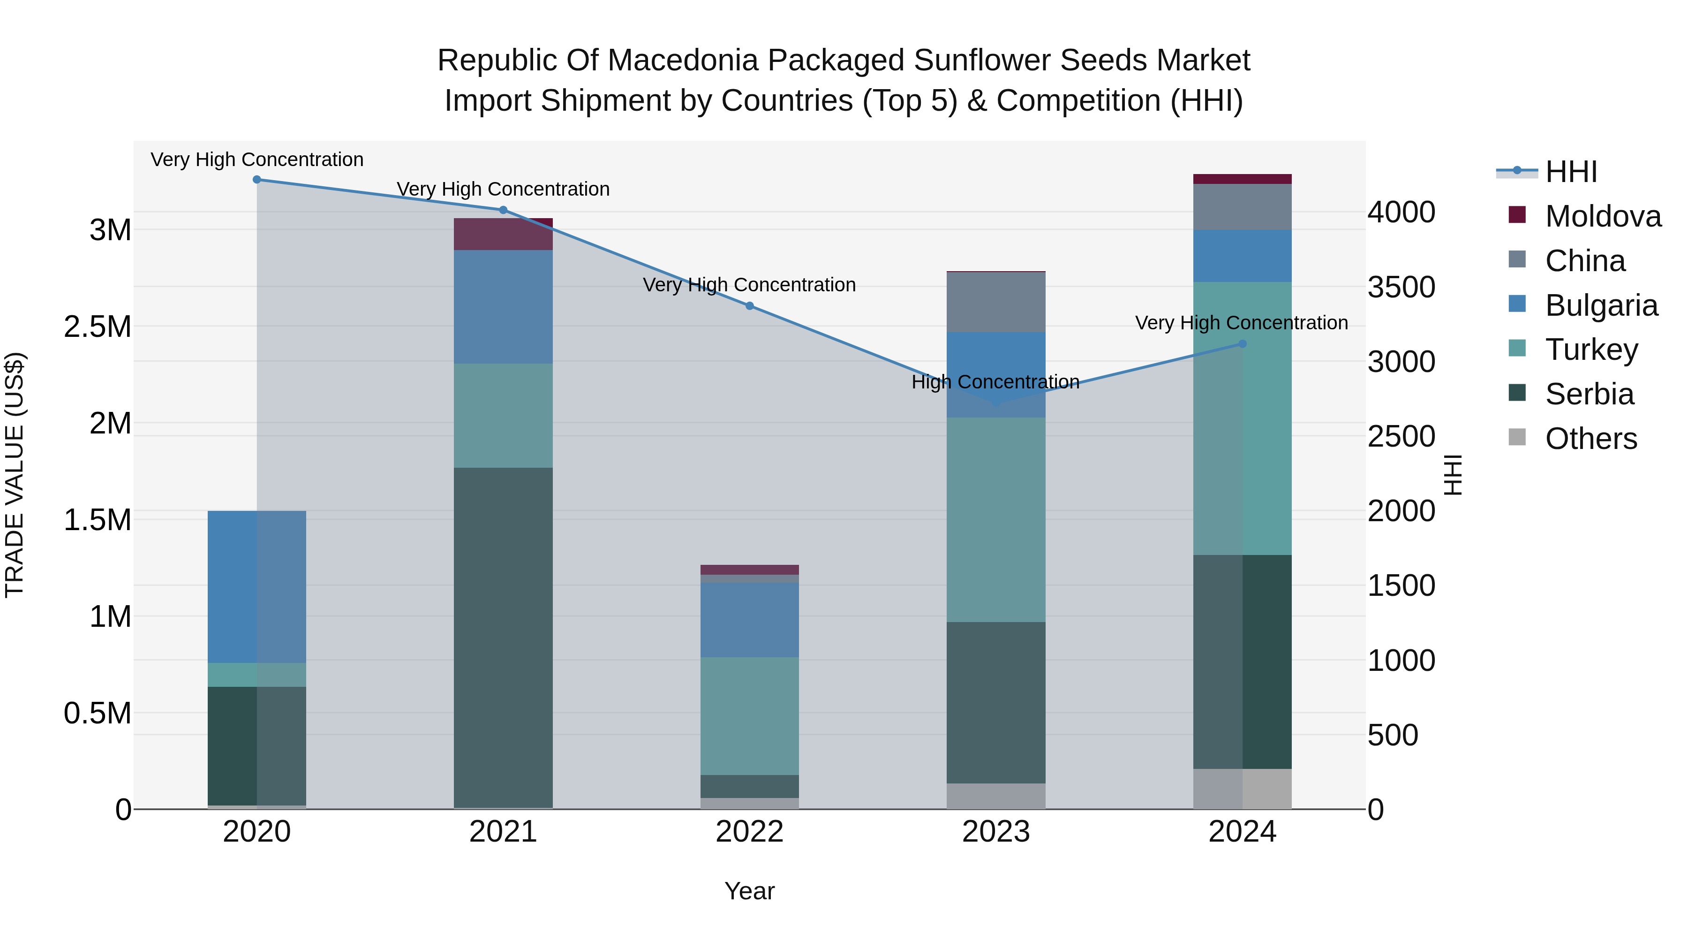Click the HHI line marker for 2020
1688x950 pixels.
point(257,180)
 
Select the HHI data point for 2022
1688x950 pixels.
point(750,305)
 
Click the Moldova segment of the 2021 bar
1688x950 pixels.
point(503,234)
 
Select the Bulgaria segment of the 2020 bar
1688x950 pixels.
point(257,587)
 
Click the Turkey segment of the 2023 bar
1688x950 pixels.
point(996,519)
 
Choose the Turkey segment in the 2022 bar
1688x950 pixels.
point(750,716)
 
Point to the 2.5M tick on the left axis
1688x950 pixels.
point(98,327)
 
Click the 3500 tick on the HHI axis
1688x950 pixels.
point(1401,287)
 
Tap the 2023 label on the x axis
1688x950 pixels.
point(996,832)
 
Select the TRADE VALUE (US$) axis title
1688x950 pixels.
point(15,475)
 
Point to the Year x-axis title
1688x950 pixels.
point(750,891)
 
